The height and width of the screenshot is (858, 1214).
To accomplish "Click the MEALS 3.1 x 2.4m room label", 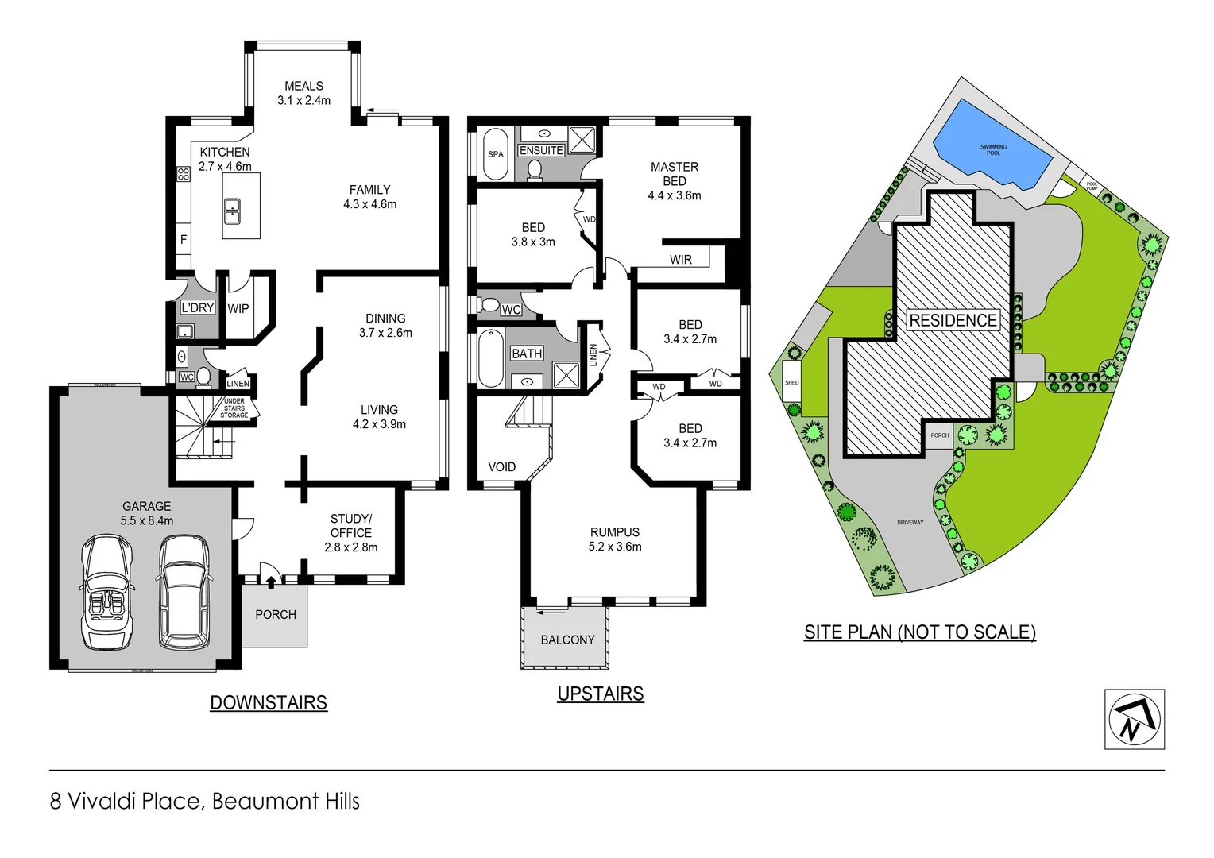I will (x=303, y=93).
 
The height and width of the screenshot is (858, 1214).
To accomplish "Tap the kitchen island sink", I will (x=233, y=212).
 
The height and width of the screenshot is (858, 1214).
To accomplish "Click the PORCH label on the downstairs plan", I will (x=275, y=615).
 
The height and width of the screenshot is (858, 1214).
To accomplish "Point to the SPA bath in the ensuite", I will (x=495, y=154).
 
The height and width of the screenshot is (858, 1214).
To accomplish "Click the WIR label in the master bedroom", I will (x=680, y=260).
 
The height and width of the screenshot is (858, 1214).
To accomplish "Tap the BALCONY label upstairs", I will (x=567, y=640).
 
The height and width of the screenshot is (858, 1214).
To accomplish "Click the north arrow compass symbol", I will (x=1134, y=720).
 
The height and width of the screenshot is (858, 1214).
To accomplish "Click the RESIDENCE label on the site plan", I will (x=953, y=320).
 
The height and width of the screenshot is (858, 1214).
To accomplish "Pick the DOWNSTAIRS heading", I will (x=269, y=703).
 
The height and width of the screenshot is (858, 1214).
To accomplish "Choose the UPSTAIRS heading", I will (x=600, y=694).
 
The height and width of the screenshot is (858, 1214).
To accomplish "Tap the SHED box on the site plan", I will (x=791, y=383).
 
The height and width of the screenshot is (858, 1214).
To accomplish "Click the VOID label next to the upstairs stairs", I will (x=501, y=467).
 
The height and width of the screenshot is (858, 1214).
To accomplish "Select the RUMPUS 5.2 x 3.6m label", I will (x=614, y=539).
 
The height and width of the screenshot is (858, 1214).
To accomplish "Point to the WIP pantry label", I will (x=238, y=309).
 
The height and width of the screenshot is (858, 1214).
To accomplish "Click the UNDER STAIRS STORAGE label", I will (x=234, y=408).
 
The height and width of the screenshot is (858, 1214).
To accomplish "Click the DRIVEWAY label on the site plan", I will (x=910, y=523).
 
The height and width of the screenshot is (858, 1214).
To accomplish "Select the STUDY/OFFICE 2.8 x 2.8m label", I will (x=350, y=533).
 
